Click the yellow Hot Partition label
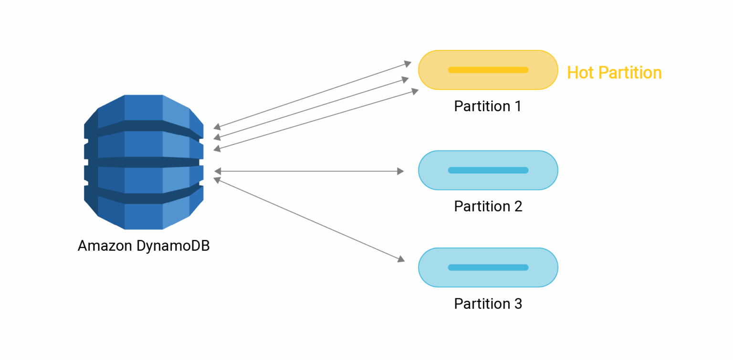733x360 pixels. (x=614, y=73)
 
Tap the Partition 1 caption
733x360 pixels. (x=488, y=106)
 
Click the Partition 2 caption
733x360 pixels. (x=488, y=206)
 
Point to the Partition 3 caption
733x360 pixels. (x=488, y=304)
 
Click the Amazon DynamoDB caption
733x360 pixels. (x=144, y=246)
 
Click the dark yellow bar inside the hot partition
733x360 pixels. (x=488, y=70)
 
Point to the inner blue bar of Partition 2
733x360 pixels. (x=488, y=170)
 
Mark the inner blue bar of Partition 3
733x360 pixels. (x=488, y=267)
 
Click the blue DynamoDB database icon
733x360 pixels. (x=144, y=162)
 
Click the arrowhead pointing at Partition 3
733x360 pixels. (x=401, y=259)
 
